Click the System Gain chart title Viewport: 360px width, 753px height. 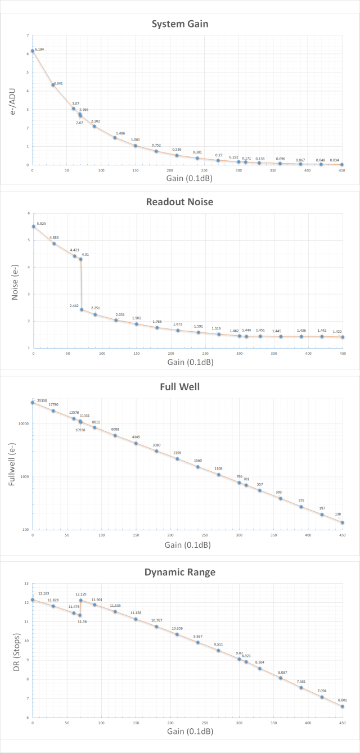[x=180, y=24]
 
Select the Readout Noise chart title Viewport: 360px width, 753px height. [x=180, y=202]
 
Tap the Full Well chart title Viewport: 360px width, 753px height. [x=180, y=387]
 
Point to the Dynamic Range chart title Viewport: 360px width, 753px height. [x=180, y=572]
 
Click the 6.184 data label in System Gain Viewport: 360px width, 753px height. [x=39, y=49]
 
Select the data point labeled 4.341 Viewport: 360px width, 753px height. [x=53, y=85]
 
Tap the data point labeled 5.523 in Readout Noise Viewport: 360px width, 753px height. [x=33, y=226]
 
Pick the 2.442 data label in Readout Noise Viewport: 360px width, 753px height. [x=74, y=305]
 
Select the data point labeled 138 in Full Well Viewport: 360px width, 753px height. [x=343, y=523]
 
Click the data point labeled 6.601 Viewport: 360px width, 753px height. [x=343, y=706]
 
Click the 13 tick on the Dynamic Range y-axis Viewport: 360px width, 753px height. [x=26, y=584]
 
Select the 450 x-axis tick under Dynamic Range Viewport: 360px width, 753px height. [x=342, y=722]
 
